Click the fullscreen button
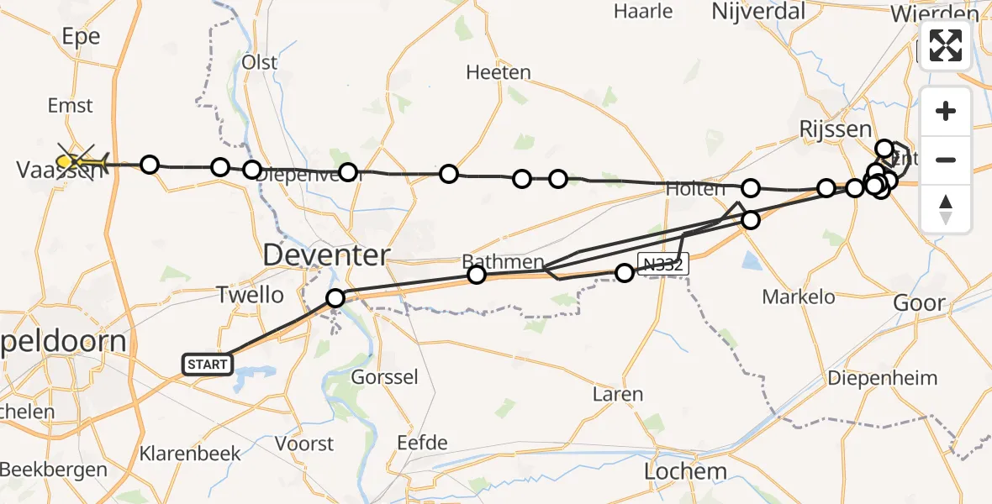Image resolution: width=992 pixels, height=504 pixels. [946, 45]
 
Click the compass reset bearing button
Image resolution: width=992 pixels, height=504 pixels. [946, 208]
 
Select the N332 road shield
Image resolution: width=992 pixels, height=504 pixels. [663, 264]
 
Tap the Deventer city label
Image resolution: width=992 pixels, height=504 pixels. [327, 255]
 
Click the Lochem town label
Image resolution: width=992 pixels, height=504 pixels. [685, 471]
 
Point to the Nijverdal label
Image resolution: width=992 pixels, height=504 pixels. [758, 11]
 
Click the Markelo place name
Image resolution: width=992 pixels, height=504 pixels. [799, 297]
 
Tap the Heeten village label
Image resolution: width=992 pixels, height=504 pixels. [499, 72]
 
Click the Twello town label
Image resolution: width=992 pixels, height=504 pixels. [250, 294]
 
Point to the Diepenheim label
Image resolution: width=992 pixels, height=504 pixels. [894, 378]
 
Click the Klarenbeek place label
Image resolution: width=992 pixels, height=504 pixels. [190, 454]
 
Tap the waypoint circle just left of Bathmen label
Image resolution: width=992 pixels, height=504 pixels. [477, 275]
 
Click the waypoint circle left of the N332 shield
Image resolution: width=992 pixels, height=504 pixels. [624, 273]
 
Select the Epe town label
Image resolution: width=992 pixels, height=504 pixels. [81, 36]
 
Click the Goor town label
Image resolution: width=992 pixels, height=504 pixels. [919, 303]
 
